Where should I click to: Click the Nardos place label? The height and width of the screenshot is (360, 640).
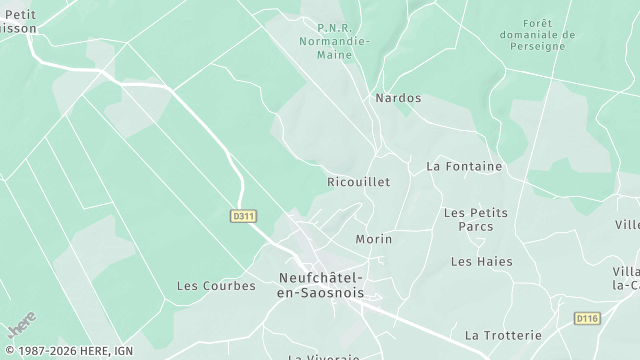[397, 98]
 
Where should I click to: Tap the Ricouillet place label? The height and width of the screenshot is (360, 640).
[358, 182]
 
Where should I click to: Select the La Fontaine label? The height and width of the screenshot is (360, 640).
[464, 166]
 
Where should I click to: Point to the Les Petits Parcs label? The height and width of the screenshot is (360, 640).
[475, 219]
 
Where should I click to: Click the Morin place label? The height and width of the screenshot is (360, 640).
[374, 240]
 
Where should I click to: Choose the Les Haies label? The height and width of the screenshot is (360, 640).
[474, 261]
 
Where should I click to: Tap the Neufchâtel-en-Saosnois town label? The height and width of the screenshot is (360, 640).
[320, 286]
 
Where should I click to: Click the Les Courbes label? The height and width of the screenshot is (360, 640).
[216, 285]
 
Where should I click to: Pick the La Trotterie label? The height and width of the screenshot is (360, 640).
[503, 334]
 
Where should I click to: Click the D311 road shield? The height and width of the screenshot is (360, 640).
[241, 215]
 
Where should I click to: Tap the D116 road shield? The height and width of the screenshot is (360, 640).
[587, 318]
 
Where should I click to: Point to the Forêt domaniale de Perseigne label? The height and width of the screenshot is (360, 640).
[551, 34]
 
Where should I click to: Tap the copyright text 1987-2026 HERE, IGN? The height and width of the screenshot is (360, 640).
[67, 351]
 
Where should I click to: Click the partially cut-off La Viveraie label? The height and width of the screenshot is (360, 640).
[323, 356]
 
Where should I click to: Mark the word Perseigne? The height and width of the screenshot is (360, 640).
[551, 46]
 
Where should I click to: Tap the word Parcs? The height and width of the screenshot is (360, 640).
[475, 226]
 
